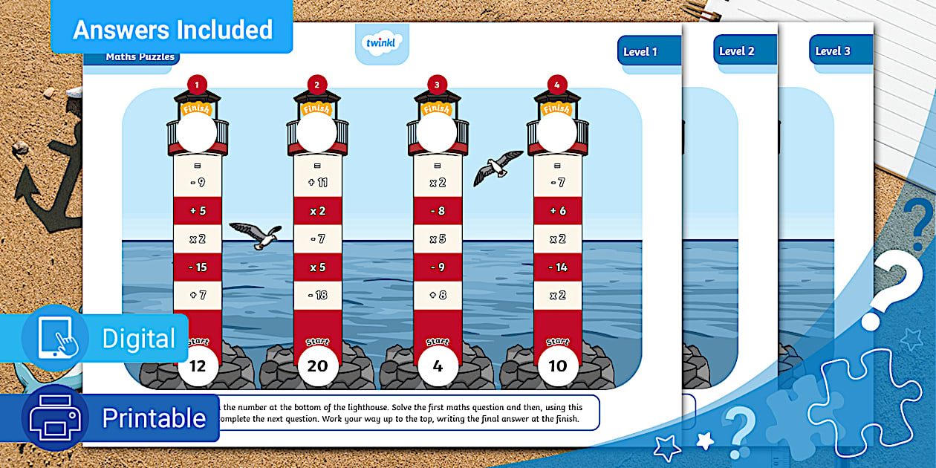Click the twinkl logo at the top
point(382,42)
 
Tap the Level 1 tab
point(640,51)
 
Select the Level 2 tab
point(737,51)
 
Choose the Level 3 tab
point(832,51)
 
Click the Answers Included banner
point(172,30)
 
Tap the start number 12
point(198,365)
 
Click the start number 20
point(318,365)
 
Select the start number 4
point(438,365)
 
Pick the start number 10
point(558,365)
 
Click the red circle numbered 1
point(197,85)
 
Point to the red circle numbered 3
point(437,85)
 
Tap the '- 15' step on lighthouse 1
point(198,267)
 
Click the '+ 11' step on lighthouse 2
point(318,182)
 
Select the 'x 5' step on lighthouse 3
point(438,239)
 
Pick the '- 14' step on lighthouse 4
point(558,267)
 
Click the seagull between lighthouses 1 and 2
point(256,235)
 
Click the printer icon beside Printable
point(55,417)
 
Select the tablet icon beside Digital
point(55,338)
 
